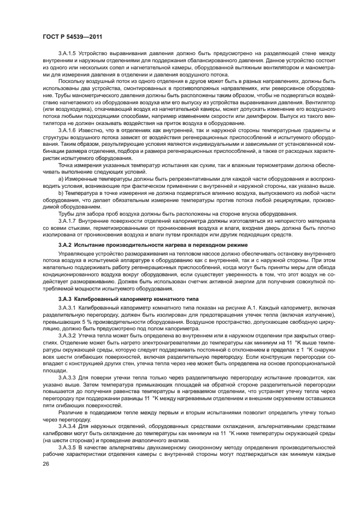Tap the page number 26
[46, 464]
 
